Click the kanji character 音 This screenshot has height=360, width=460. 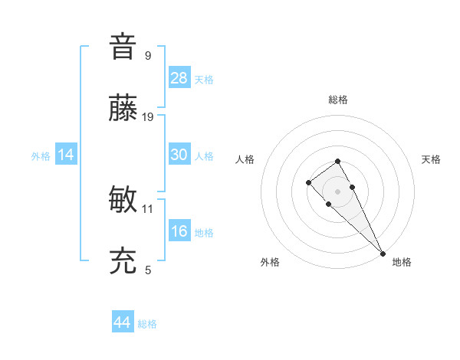[x=123, y=46]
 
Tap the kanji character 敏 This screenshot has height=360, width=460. [x=123, y=200]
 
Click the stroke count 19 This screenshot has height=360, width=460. [x=148, y=117]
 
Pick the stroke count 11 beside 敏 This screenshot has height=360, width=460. [x=148, y=208]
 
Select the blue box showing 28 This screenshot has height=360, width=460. [x=179, y=78]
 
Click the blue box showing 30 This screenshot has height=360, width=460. [x=179, y=155]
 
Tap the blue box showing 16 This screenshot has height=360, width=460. [x=179, y=231]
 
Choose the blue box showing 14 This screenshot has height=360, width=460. [x=66, y=155]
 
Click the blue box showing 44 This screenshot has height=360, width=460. [x=122, y=322]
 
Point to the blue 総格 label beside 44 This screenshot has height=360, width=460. [x=147, y=324]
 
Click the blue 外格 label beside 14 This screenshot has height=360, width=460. [x=41, y=156]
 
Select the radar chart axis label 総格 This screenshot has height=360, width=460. [x=338, y=100]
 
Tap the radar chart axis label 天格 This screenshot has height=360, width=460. [x=432, y=159]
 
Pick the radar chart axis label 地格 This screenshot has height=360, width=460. [x=402, y=262]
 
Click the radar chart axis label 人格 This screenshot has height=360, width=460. [x=245, y=159]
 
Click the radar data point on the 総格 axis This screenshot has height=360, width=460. [x=337, y=161]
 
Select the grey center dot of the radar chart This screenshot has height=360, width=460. [x=337, y=191]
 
